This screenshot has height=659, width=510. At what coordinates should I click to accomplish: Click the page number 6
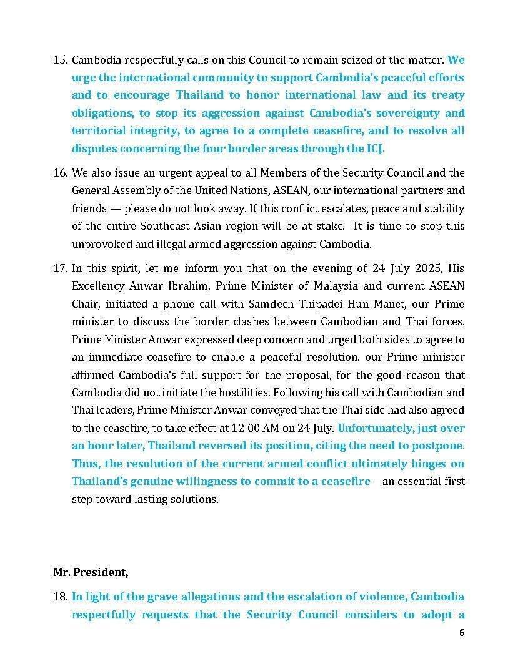click(461, 632)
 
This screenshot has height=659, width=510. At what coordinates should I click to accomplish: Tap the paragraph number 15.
click(61, 61)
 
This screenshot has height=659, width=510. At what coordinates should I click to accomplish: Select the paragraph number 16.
click(61, 173)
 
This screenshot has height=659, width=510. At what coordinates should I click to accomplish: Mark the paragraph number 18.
click(61, 597)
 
